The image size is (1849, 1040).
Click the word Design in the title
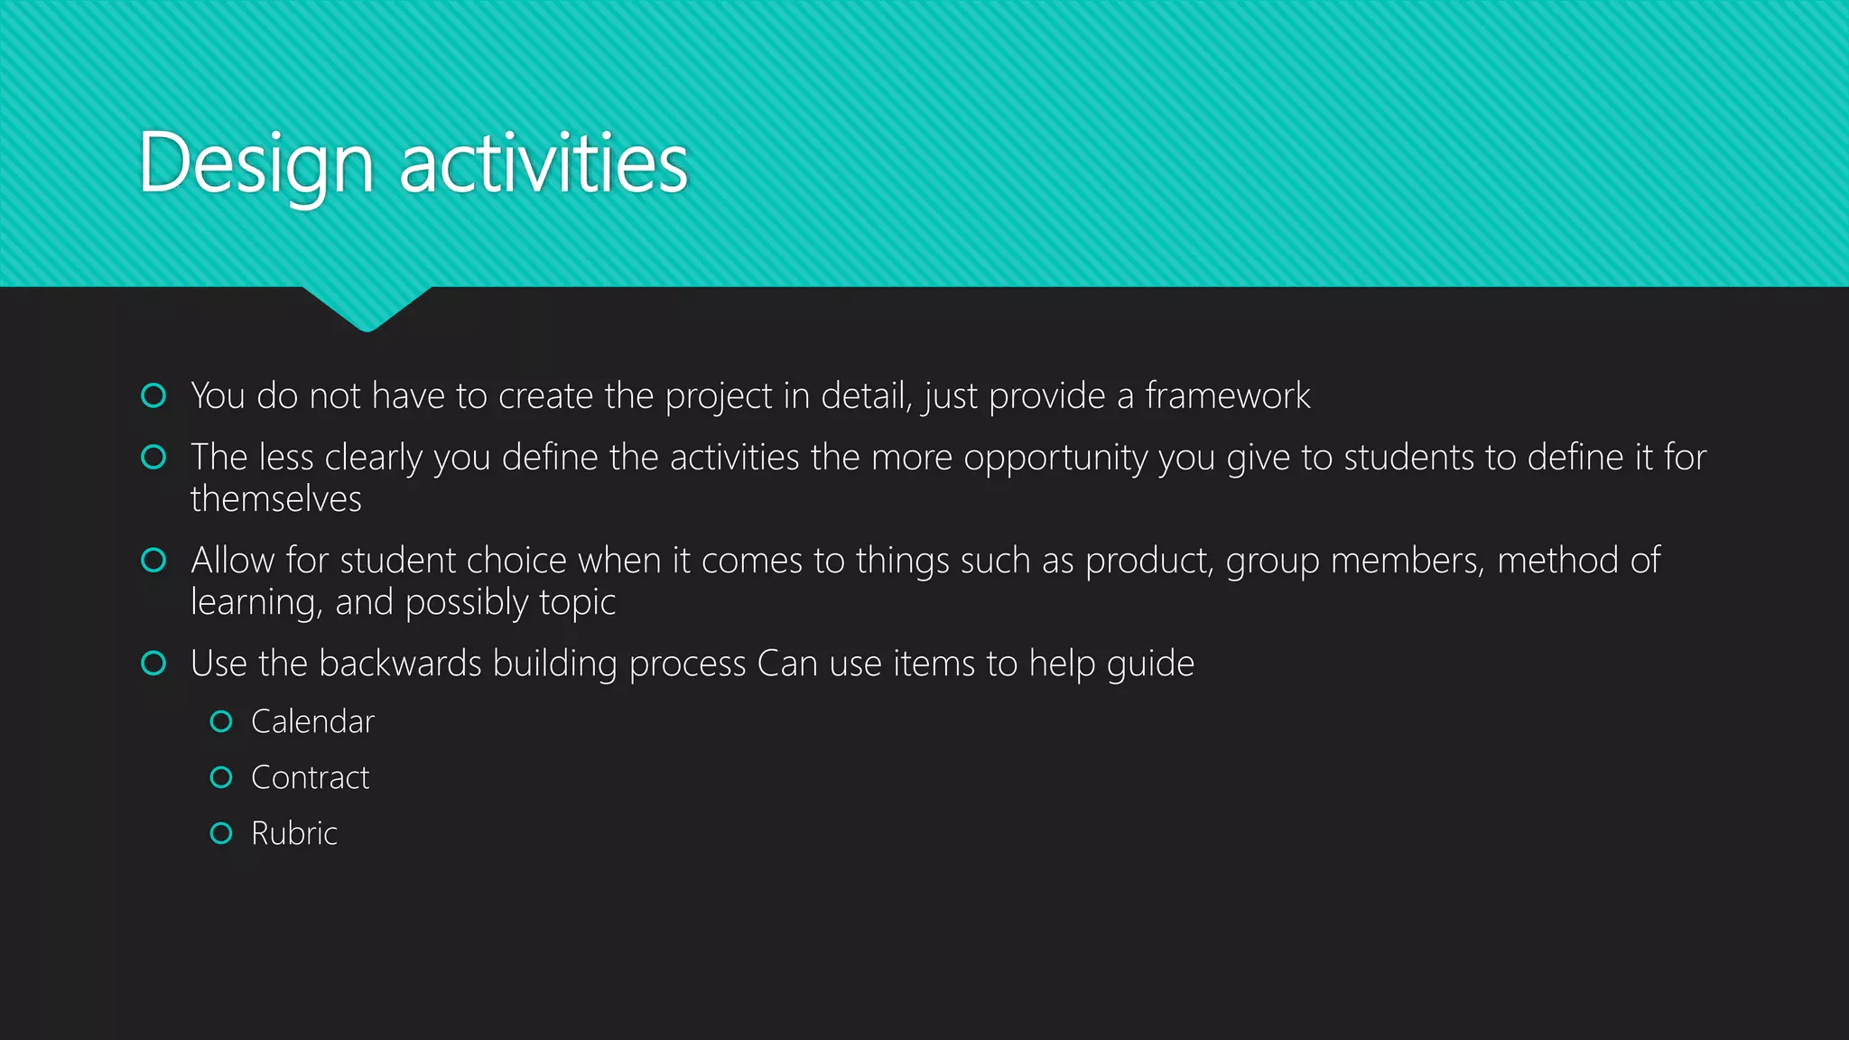coord(256,164)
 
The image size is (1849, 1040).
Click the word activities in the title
coord(544,164)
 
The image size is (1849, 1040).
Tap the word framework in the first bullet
coord(1227,396)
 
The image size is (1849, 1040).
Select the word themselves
coord(275,499)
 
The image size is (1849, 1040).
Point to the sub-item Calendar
coord(312,722)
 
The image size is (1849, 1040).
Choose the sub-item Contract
coord(310,778)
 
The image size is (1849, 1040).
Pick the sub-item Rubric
coord(293,833)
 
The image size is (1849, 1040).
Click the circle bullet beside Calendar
coord(221,721)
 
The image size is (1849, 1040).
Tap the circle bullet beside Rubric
coord(221,833)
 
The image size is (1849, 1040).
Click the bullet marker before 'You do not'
coord(154,395)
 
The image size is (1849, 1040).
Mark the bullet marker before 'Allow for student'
coord(154,561)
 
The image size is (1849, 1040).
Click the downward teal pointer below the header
coord(367,308)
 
